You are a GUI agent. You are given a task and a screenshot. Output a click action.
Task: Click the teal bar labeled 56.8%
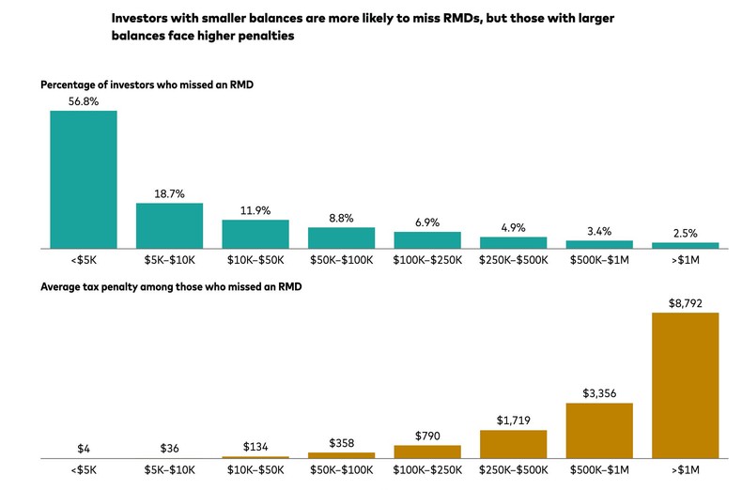click(x=84, y=179)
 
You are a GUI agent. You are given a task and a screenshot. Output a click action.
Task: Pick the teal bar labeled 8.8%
click(x=341, y=237)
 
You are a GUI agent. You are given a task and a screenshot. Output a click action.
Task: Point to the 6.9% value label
click(x=427, y=222)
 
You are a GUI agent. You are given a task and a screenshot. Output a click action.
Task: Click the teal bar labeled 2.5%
click(x=686, y=245)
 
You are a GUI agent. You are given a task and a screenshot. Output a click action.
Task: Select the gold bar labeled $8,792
click(x=686, y=385)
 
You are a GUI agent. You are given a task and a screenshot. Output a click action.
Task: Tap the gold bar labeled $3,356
click(x=599, y=430)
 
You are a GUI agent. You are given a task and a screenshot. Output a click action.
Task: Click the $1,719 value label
click(x=513, y=421)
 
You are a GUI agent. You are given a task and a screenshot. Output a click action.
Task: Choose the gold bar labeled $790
click(x=427, y=451)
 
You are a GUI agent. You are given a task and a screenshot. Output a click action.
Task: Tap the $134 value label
click(x=255, y=446)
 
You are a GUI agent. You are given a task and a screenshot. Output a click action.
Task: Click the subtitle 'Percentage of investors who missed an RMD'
click(x=147, y=85)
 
